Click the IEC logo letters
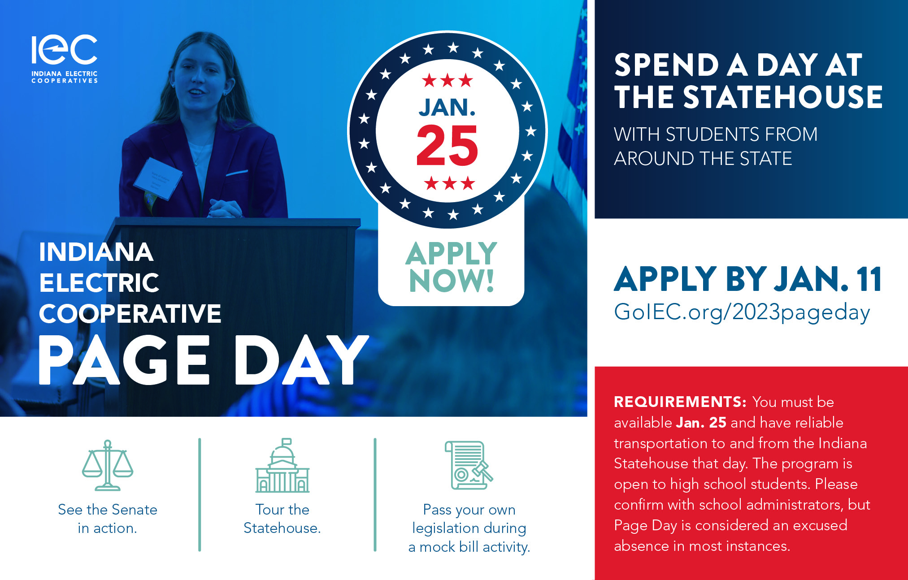pos(64,49)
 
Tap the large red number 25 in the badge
pos(447,145)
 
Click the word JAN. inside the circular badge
pos(447,108)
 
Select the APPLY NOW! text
pos(452,267)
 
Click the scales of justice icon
pos(108,465)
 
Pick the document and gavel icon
pos(469,465)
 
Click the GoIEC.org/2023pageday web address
pos(742,312)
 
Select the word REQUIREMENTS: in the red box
pos(680,402)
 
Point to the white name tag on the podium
pos(158,178)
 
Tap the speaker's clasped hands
pos(225,208)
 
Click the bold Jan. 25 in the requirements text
pos(701,422)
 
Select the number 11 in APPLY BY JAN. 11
pos(869,279)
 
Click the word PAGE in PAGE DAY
pos(124,360)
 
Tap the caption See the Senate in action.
pos(108,519)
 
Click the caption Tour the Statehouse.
pos(282,519)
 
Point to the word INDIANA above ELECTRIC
pos(96,252)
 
